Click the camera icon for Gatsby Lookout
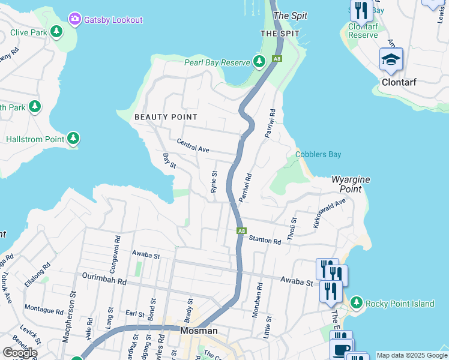pyautogui.click(x=75, y=19)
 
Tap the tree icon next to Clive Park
pyautogui.click(x=56, y=31)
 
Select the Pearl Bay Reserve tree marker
pyautogui.click(x=259, y=61)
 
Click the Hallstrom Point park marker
pyautogui.click(x=73, y=139)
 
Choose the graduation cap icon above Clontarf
pyautogui.click(x=391, y=60)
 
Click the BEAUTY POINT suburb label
pyautogui.click(x=166, y=116)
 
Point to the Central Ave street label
pyautogui.click(x=193, y=145)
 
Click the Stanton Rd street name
pyautogui.click(x=265, y=241)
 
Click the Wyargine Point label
pyautogui.click(x=351, y=184)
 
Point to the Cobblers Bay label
pyautogui.click(x=318, y=154)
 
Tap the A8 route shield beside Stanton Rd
pyautogui.click(x=241, y=230)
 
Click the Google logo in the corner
pyautogui.click(x=19, y=353)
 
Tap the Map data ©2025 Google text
pyautogui.click(x=412, y=355)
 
